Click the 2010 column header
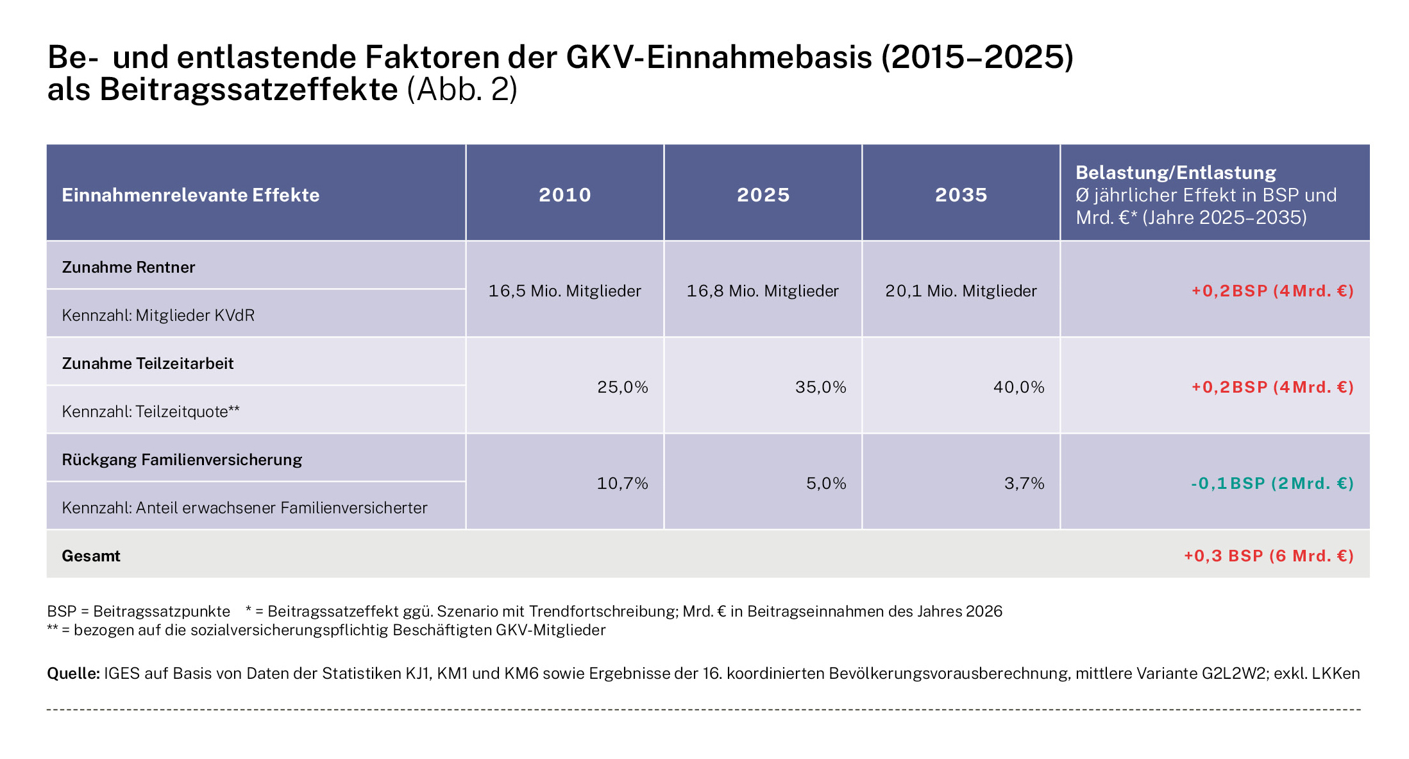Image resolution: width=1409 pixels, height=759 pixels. point(564,194)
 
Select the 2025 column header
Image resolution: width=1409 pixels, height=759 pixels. point(763,194)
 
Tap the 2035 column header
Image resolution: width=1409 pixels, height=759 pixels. point(961,194)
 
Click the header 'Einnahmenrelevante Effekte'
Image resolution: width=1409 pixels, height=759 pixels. point(190,195)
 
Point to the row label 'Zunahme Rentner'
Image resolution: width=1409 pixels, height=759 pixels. point(128,267)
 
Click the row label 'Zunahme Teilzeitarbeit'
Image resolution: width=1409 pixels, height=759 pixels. point(148,363)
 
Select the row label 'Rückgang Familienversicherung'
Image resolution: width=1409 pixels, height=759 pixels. point(181,459)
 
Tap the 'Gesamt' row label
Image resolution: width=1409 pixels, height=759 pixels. point(91,556)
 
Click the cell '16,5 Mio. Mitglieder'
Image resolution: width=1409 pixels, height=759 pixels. point(564,291)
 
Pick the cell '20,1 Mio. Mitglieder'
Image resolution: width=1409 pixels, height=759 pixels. point(961,291)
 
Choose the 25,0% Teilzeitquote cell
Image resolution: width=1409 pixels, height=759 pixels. point(622,387)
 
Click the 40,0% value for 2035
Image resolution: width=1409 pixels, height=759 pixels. point(1018,387)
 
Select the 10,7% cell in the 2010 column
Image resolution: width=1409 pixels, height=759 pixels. point(622,483)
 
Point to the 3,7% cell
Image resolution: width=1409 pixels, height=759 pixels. point(1024,483)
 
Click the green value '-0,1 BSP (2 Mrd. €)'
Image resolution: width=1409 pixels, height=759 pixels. point(1272,483)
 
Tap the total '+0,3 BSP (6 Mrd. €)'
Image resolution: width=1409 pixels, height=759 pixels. point(1269,556)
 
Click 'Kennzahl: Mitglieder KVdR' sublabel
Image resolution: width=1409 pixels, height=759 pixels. point(158,315)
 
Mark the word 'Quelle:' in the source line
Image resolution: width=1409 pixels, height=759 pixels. point(73,673)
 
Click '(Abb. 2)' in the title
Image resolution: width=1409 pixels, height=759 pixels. point(462,89)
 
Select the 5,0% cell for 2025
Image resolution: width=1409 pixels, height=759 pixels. point(826,483)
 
